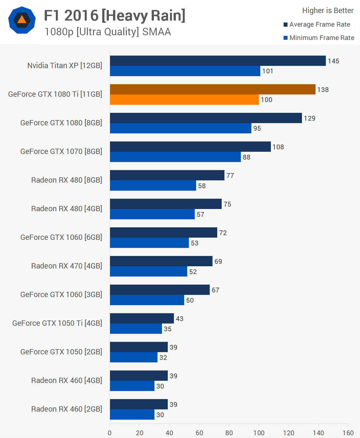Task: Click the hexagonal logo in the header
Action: (22, 20)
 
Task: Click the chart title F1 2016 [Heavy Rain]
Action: (114, 16)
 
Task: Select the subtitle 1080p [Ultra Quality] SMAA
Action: (108, 32)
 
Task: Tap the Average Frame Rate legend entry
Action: (319, 24)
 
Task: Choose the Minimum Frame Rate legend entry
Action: (322, 38)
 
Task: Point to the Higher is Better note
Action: (328, 11)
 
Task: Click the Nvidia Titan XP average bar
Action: (218, 61)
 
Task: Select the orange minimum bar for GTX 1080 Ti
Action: (184, 100)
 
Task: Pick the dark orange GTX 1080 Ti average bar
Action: (213, 89)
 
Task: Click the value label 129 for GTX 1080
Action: (309, 118)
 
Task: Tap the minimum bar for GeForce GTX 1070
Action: (175, 157)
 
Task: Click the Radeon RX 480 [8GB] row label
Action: (67, 180)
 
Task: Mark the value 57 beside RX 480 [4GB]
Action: (201, 215)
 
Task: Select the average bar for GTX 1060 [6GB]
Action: (164, 233)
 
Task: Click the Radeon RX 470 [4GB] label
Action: (67, 266)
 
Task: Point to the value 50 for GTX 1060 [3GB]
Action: (190, 300)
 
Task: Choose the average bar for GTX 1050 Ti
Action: (142, 318)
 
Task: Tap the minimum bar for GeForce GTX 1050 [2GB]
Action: (134, 357)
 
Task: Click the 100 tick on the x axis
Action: (259, 433)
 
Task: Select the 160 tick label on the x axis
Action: (348, 433)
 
